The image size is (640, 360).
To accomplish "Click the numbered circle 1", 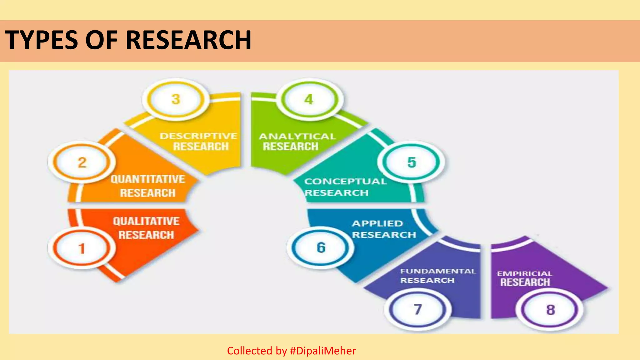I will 82,248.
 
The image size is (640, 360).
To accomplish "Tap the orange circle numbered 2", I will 82,162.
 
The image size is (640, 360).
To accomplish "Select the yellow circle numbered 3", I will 176,99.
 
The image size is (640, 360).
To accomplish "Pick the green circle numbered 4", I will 309,99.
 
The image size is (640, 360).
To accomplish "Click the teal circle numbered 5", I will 412,162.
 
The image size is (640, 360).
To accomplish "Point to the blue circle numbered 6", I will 321,247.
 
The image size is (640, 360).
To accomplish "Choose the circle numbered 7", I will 418,309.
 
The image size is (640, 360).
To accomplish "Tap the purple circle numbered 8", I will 550,310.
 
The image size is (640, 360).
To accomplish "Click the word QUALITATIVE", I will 146,221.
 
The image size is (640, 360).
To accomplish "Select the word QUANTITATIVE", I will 148,179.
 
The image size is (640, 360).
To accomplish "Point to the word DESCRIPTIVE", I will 198,136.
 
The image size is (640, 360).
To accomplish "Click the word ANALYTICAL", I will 297,136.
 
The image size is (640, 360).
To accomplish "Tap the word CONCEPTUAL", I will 345,181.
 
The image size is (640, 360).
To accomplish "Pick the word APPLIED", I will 377,223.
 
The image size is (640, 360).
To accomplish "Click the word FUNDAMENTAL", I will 438,271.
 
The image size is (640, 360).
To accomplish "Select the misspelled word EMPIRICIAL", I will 524,273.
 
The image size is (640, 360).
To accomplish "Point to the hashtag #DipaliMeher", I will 323,351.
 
